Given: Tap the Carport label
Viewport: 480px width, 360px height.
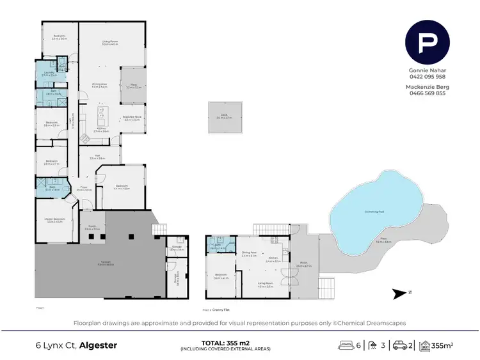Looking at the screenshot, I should pyautogui.click(x=106, y=263).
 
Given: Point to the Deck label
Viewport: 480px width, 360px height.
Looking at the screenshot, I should pyautogui.click(x=223, y=117).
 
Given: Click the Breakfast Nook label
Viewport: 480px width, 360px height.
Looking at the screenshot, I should pyautogui.click(x=132, y=118).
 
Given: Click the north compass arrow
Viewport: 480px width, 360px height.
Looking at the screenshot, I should pyautogui.click(x=401, y=293).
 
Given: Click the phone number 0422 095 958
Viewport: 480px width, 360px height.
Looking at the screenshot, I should pyautogui.click(x=428, y=76).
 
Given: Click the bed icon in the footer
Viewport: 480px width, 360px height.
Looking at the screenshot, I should pyautogui.click(x=346, y=346).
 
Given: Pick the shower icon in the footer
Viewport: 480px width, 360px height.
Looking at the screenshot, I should pyautogui.click(x=374, y=346).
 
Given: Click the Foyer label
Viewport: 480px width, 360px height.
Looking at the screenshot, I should pyautogui.click(x=84, y=189).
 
